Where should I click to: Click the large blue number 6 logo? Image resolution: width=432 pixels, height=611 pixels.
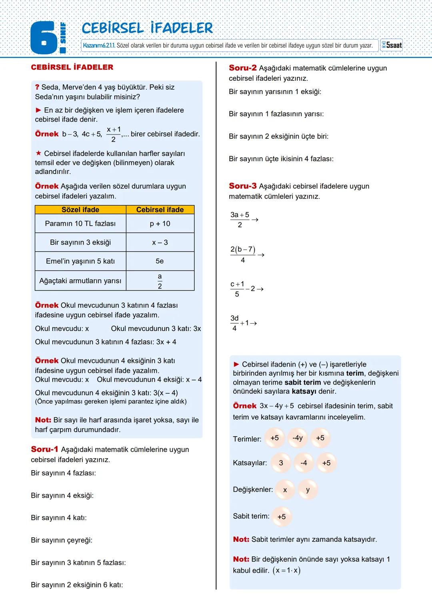(x=44, y=38)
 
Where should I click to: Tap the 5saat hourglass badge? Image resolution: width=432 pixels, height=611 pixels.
(x=392, y=45)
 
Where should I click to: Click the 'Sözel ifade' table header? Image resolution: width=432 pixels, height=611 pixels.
(x=80, y=210)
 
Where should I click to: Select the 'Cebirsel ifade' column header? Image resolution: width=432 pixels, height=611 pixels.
(x=160, y=210)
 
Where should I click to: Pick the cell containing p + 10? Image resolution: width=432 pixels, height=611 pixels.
(x=160, y=224)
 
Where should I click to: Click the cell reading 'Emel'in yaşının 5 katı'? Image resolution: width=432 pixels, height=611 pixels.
(x=80, y=261)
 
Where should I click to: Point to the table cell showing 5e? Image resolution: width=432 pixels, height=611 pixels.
(x=160, y=261)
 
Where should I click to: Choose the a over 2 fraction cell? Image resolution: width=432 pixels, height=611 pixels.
(x=160, y=281)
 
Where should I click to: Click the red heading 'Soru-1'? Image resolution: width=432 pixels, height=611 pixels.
(x=44, y=449)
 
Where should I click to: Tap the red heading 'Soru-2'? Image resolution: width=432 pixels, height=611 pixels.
(x=243, y=68)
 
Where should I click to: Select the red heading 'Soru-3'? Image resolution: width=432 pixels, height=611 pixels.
(x=243, y=186)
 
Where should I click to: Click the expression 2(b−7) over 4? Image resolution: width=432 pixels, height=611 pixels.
(x=243, y=254)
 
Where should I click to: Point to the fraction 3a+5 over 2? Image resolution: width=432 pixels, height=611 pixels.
(x=240, y=219)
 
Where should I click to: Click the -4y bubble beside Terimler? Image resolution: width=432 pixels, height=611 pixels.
(x=298, y=438)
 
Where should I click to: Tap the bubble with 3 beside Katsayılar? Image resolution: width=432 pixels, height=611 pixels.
(x=281, y=463)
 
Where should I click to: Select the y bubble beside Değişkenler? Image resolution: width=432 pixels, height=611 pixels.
(x=308, y=490)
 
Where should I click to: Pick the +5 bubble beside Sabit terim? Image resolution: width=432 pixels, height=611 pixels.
(x=282, y=517)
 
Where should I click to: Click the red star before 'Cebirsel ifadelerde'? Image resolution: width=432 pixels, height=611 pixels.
(x=38, y=153)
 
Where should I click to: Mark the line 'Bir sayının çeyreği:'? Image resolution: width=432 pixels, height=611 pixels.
(x=62, y=540)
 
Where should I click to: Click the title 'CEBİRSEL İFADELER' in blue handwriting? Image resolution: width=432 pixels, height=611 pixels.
(x=147, y=28)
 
